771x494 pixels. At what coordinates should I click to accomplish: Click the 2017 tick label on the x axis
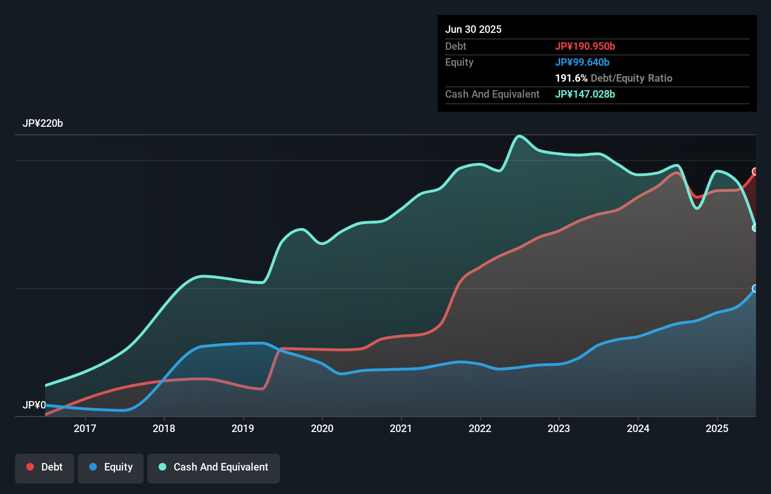coord(85,428)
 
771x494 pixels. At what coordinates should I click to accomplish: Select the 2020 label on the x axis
coord(322,428)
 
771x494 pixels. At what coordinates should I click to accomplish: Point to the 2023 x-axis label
coord(559,428)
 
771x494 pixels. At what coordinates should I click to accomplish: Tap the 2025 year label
coord(717,428)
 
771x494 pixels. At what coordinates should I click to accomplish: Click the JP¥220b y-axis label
coord(43,123)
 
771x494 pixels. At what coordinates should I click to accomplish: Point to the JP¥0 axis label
coord(34,405)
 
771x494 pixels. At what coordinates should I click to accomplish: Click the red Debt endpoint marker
coord(755,171)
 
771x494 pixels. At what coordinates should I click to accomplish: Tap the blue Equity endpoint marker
coord(755,288)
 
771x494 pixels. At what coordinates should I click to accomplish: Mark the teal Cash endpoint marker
coord(755,228)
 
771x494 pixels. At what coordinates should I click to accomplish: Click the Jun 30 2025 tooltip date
coord(473,29)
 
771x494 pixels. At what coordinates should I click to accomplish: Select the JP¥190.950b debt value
coord(585,46)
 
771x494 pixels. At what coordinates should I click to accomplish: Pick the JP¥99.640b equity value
coord(582,62)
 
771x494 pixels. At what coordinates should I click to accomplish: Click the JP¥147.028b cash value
coord(585,94)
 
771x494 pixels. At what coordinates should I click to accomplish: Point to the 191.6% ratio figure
coord(571,78)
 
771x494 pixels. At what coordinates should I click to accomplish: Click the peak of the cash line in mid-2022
coord(519,136)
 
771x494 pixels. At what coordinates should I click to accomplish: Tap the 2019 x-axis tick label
coord(243,428)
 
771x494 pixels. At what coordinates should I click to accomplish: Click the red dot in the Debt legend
coord(30,467)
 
